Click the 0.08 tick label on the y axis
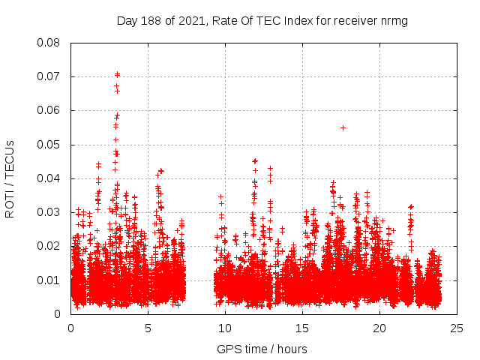pos(49,43)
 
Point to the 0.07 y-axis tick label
pos(49,76)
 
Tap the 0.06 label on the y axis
pos(49,110)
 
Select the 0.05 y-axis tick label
pos(49,144)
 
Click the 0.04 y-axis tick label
pos(49,178)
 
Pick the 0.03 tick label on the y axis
pos(49,212)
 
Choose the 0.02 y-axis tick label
pos(49,246)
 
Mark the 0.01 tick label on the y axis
pos(49,280)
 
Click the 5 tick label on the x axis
pos(148,328)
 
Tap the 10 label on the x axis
pos(225,328)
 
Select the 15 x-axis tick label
pos(302,328)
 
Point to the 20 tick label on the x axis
pos(379,328)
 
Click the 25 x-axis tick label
pos(457,328)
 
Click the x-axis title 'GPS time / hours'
pos(262,349)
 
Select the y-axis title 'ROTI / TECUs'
pos(10,178)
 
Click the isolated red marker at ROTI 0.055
pos(343,127)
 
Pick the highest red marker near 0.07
pos(117,74)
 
